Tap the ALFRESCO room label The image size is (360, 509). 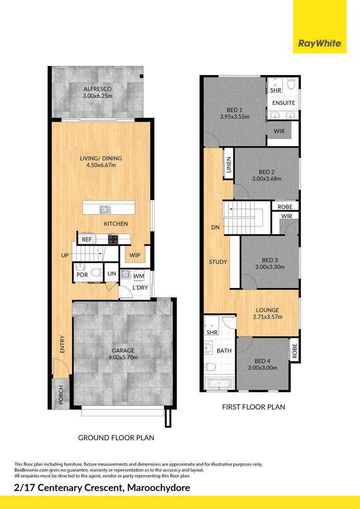tap(98, 89)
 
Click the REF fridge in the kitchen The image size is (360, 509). tap(87, 239)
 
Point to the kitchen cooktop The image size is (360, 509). tap(113, 239)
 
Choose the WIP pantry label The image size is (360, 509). tap(135, 255)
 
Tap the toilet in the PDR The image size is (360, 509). tap(96, 272)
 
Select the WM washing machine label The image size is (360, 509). tap(139, 276)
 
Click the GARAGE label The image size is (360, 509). tap(123, 350)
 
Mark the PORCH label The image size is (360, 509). tap(61, 395)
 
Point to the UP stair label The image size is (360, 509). tap(65, 255)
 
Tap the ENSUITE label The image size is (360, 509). tap(284, 103)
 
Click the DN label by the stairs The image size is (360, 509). tap(215, 227)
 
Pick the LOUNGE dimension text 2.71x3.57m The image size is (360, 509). tap(268, 317)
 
